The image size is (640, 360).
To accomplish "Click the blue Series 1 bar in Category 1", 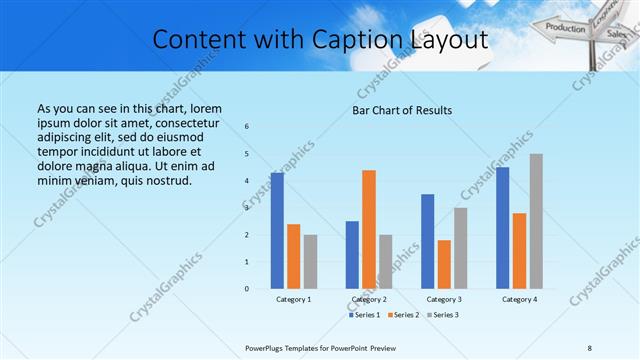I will pyautogui.click(x=277, y=231).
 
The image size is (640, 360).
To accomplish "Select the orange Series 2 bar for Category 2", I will pyautogui.click(x=369, y=229).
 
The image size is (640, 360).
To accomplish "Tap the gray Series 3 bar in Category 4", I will pyautogui.click(x=536, y=221).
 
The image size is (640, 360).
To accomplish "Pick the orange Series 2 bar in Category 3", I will pyautogui.click(x=444, y=264).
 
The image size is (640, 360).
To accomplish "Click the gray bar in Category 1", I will pyautogui.click(x=310, y=262).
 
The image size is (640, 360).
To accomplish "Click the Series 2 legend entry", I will pyautogui.click(x=403, y=315).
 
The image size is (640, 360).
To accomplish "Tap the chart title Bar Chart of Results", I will pyautogui.click(x=402, y=110).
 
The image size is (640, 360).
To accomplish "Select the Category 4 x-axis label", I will pyautogui.click(x=519, y=299).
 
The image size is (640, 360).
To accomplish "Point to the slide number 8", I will pyautogui.click(x=590, y=348).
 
